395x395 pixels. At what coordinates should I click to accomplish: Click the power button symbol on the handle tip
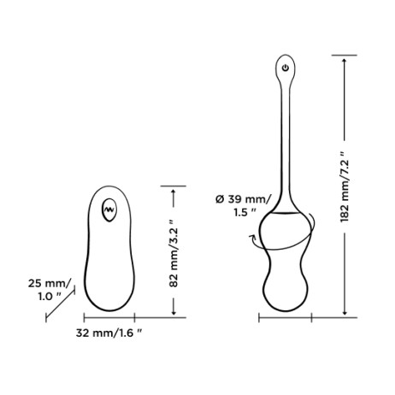[x=286, y=68]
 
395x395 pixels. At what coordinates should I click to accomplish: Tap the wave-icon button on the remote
[x=109, y=209]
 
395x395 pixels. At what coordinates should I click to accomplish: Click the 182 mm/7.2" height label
[x=345, y=187]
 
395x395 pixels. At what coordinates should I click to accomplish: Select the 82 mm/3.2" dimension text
[x=174, y=253]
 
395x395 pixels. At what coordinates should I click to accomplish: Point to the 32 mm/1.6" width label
[x=109, y=333]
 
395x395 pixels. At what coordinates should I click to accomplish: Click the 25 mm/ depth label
[x=50, y=284]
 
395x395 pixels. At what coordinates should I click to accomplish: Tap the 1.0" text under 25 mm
[x=50, y=297]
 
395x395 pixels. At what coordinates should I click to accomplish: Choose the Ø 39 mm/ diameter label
[x=242, y=199]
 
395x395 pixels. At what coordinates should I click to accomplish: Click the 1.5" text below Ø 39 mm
[x=245, y=212]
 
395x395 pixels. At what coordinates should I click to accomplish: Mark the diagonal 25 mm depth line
[x=60, y=304]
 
